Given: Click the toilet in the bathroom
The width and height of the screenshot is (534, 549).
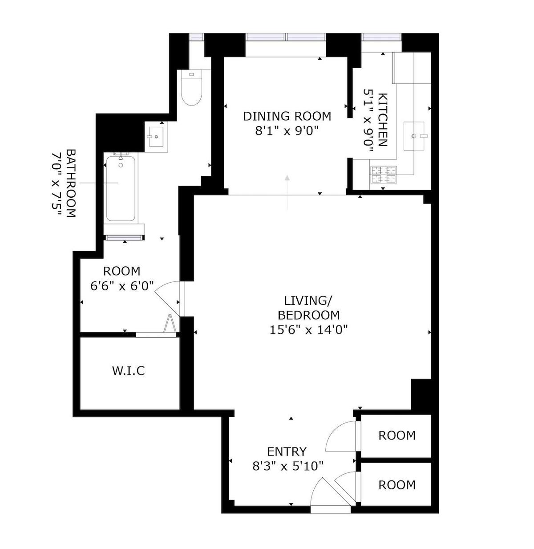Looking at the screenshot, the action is pos(191,87).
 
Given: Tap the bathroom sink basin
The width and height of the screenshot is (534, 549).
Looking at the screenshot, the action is pos(156,137).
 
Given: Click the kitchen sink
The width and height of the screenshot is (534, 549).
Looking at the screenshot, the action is pos(413,136).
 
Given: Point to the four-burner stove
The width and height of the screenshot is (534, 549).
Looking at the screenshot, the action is pos(383,175).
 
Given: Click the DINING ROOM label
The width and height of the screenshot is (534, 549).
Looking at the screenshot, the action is pos(287,116).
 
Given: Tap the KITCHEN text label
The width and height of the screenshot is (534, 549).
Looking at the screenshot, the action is pos(382,120).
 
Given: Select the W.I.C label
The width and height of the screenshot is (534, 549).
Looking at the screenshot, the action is pos(129,371).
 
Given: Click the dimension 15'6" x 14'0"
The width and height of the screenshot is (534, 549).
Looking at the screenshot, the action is pos(308,329).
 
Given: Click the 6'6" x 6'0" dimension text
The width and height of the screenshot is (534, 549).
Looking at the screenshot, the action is pos(122,286).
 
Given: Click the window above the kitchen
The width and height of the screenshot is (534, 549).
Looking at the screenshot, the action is pos(382,37).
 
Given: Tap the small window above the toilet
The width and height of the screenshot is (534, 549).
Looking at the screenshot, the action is pos(196,37).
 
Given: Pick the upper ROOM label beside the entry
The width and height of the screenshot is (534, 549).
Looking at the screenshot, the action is pos(396,435).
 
